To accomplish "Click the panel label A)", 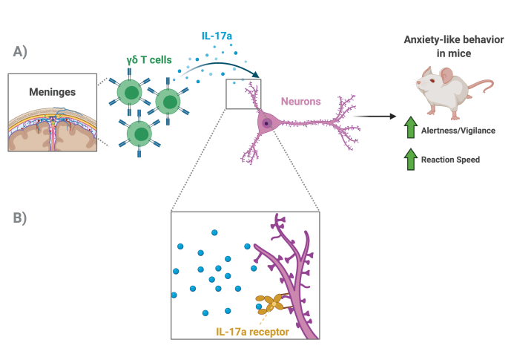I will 21,51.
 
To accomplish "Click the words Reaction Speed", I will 451,159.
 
